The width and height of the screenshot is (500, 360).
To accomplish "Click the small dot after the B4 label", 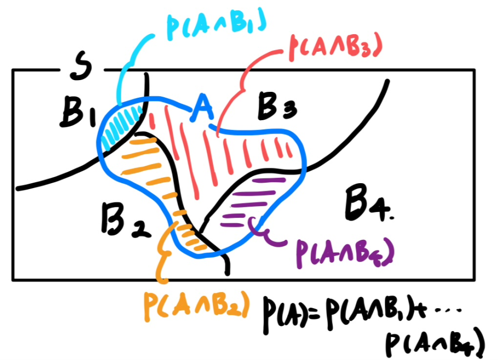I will [x=390, y=217].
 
